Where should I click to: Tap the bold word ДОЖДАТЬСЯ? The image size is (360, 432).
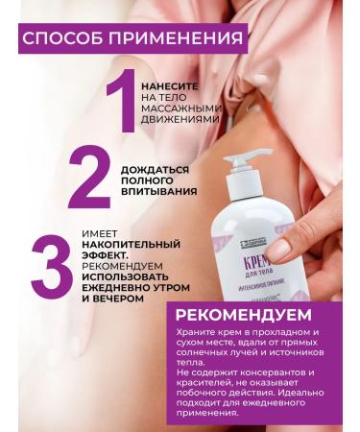(x=155, y=169)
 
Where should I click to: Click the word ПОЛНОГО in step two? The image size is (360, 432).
(x=148, y=180)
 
